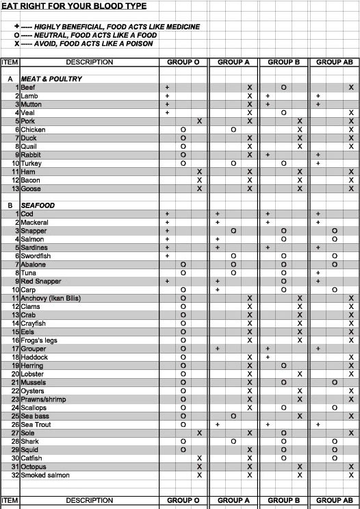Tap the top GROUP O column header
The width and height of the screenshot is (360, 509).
point(183,62)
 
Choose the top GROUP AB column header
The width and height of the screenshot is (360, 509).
point(335,62)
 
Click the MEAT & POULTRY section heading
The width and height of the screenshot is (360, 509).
point(51,79)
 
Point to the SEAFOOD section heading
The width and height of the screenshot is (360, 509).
point(38,206)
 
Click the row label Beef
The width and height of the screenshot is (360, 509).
point(27,88)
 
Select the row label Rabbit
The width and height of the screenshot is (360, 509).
point(31,155)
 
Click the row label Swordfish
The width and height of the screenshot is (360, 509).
point(36,256)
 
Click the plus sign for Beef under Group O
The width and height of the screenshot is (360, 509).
point(167,88)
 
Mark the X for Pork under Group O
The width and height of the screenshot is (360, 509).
point(199,121)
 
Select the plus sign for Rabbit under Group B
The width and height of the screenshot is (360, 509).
point(268,155)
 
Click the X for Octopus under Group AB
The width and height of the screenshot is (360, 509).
point(351,467)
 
